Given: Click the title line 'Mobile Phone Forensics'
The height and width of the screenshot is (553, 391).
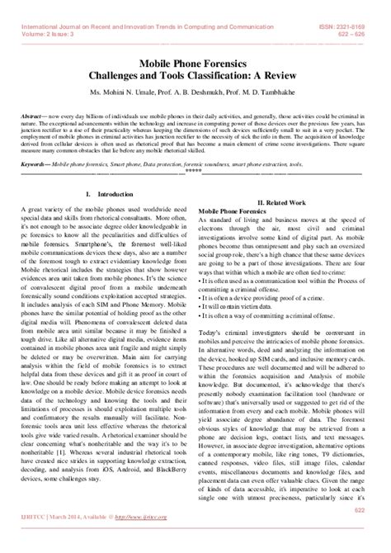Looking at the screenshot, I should (x=195, y=61).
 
